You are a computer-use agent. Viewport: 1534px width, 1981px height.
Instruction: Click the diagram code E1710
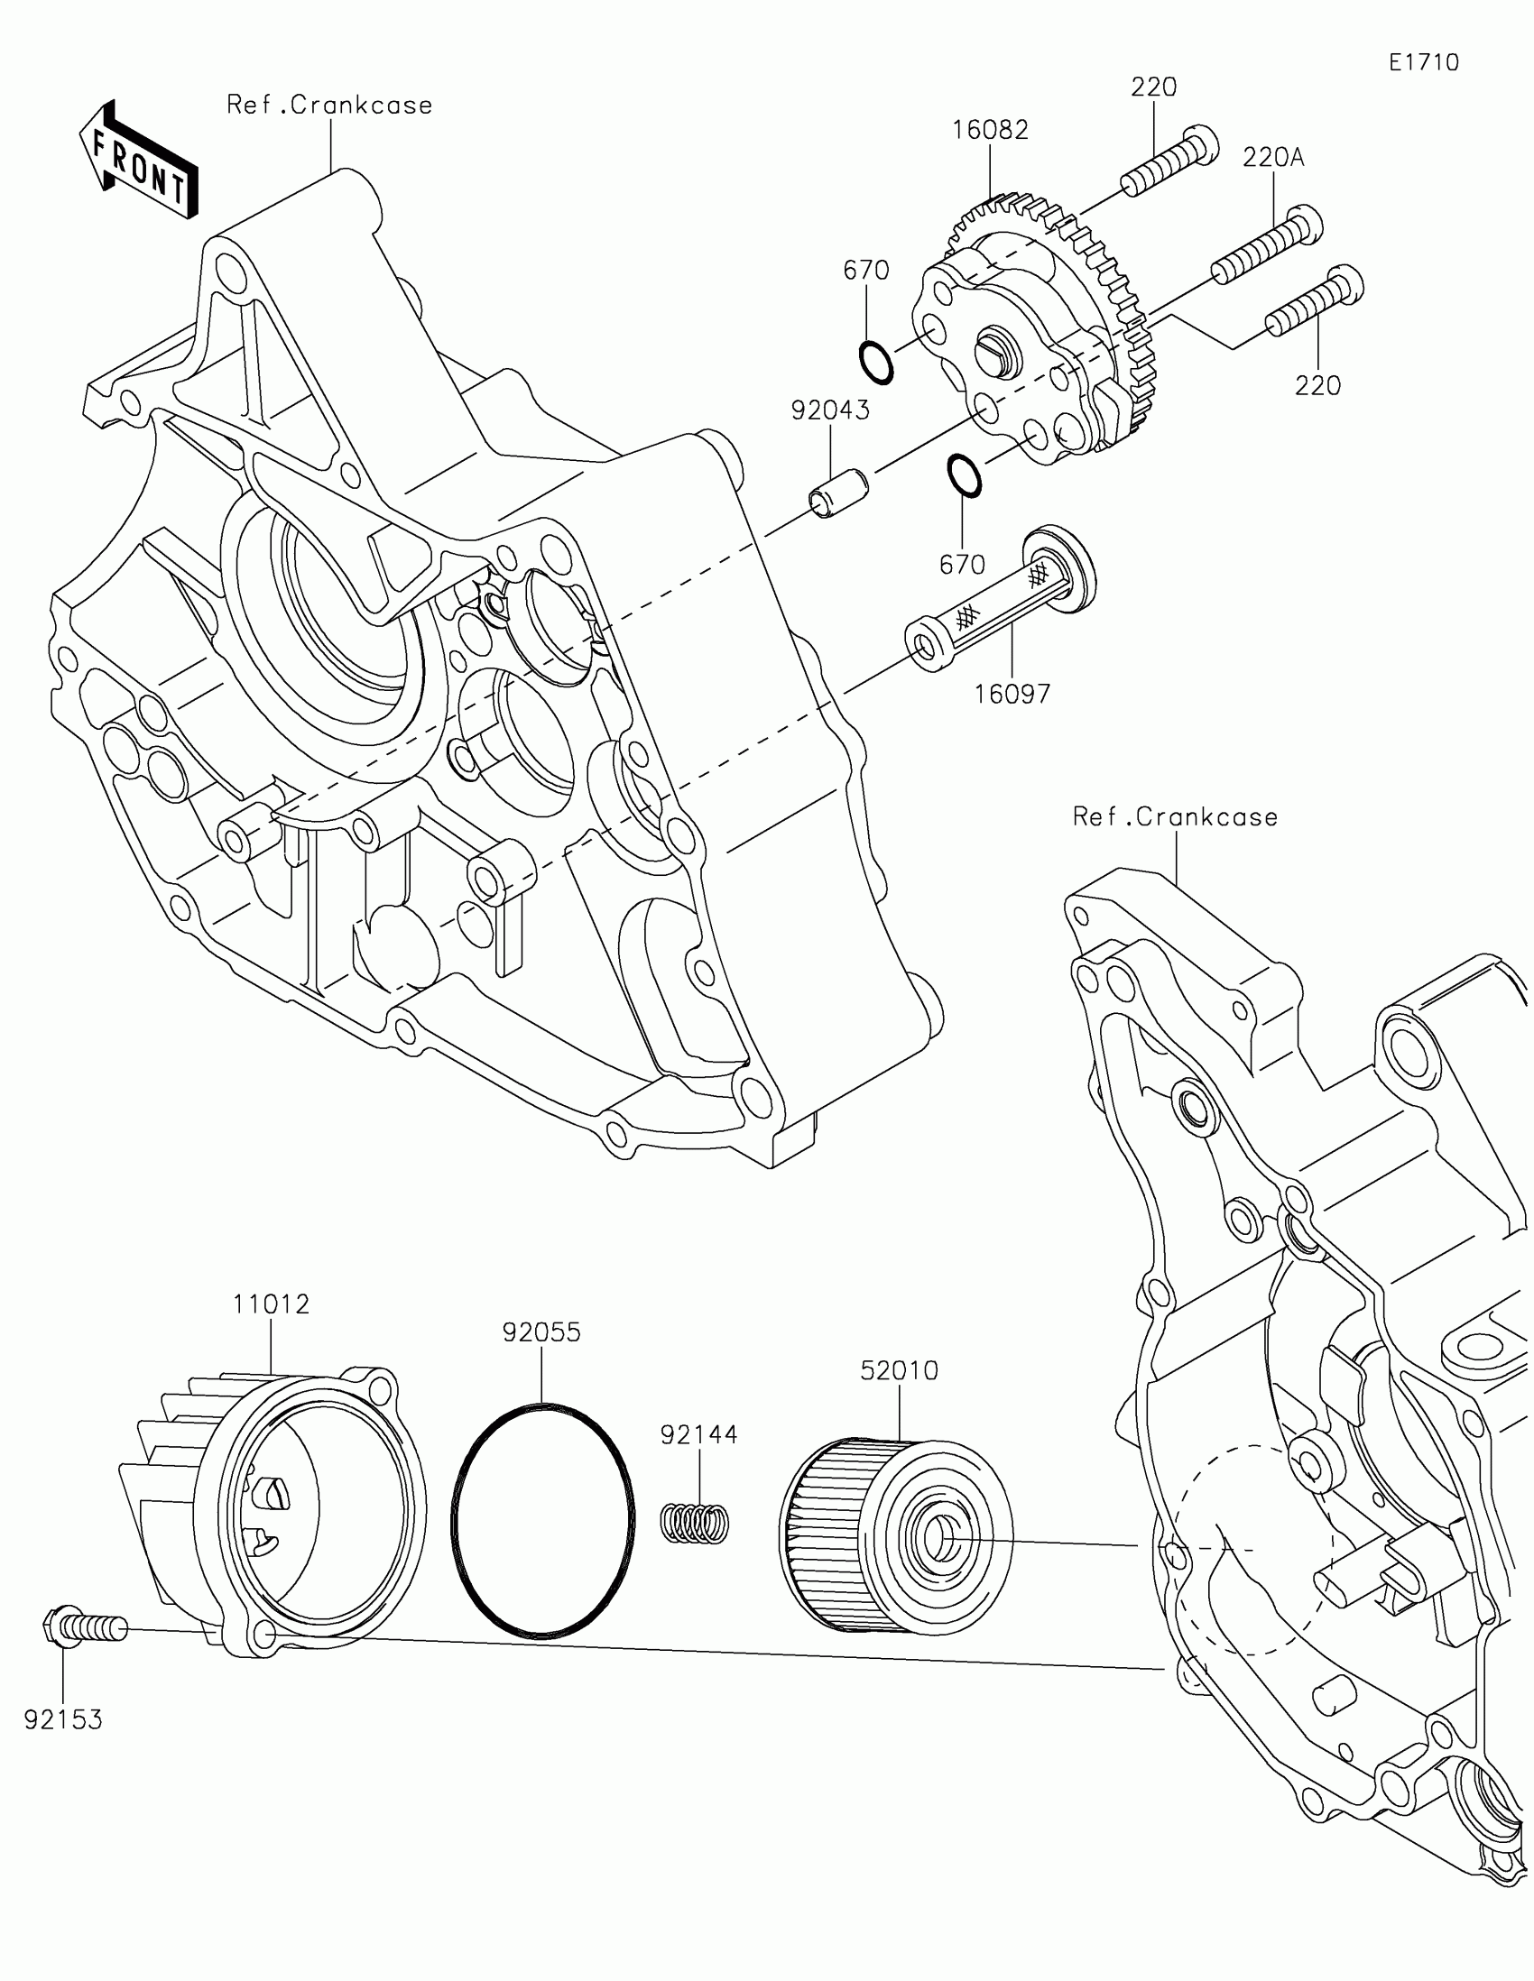click(x=1423, y=62)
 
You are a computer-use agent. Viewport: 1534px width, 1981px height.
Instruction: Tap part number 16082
click(x=990, y=131)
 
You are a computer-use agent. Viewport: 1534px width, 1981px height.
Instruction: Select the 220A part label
click(x=1272, y=158)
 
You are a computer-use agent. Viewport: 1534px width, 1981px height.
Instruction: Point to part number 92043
click(x=830, y=410)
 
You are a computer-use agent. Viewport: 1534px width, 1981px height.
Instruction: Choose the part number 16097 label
click(x=1012, y=694)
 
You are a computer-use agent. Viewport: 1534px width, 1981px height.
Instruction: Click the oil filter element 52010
click(x=894, y=1534)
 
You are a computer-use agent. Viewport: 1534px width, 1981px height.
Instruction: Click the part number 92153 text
click(x=63, y=1719)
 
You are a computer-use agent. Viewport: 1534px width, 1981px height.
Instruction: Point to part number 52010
click(x=899, y=1370)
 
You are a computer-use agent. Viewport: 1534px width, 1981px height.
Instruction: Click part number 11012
click(x=271, y=1304)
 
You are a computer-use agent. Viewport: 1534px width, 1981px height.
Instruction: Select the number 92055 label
click(x=541, y=1332)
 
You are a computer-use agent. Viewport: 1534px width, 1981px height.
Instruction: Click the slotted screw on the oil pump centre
click(x=992, y=349)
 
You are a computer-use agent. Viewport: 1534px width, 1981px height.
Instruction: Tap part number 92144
click(x=698, y=1435)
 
